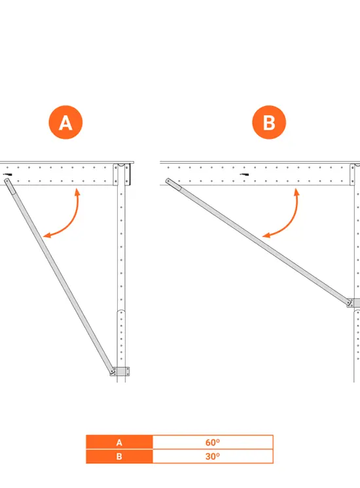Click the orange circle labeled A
click(65, 122)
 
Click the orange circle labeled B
click(269, 122)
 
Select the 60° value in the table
click(213, 442)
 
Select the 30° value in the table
click(213, 457)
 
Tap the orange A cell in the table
click(119, 442)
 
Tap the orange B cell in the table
click(119, 457)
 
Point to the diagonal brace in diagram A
click(59, 275)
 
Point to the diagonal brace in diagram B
click(259, 242)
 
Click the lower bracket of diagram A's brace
click(120, 371)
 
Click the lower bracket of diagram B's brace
click(353, 303)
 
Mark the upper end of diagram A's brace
click(7, 180)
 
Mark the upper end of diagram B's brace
click(168, 181)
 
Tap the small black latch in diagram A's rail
click(8, 175)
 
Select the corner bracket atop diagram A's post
click(121, 174)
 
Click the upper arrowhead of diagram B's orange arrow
click(297, 191)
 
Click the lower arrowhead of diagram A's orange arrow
click(46, 236)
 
